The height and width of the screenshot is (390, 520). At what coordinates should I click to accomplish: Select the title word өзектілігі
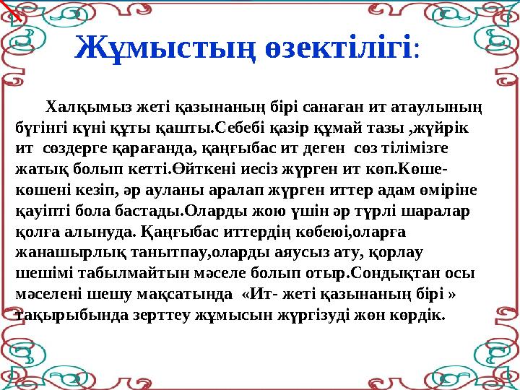click(x=339, y=48)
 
